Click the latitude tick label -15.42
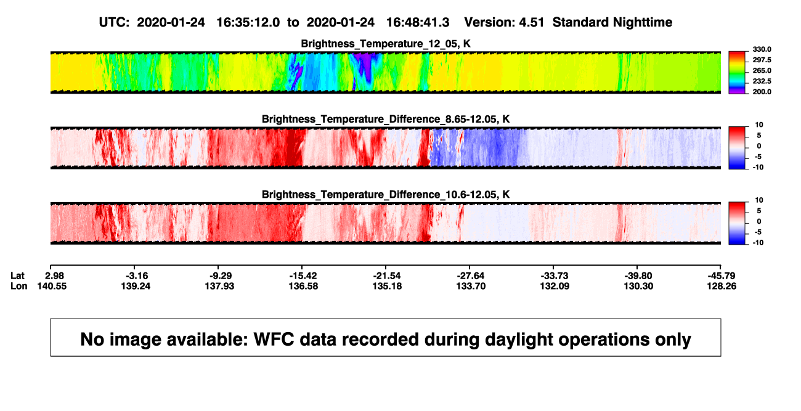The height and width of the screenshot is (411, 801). coord(303,276)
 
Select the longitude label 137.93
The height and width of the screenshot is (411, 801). coord(219,286)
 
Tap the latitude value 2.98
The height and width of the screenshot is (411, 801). coord(55,276)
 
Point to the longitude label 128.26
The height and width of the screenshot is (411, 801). coord(722,286)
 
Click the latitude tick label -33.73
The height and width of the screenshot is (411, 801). coord(555,276)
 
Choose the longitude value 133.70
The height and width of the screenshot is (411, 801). coord(471,286)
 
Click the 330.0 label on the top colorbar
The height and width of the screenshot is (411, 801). coord(762,49)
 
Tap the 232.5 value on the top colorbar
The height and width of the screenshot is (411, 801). coord(762,81)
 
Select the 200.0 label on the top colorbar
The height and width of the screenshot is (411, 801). coord(762,92)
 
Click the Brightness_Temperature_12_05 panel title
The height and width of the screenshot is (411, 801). coord(386,44)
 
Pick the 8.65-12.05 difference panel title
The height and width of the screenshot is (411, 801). coord(386,119)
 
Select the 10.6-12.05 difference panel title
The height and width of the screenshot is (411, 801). coord(386,195)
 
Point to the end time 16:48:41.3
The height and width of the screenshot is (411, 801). coord(418,22)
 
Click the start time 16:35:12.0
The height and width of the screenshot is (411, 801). coord(248,22)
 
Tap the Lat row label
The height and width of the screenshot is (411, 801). coord(17,276)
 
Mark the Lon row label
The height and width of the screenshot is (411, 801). coord(18,286)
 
